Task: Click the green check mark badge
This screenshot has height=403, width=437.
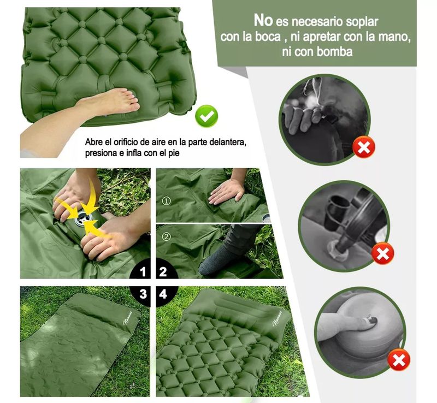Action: [x=206, y=116]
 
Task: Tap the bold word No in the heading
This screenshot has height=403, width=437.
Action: [x=263, y=20]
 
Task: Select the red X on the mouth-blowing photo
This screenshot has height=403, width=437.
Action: [x=364, y=147]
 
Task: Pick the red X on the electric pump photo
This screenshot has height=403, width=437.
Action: [x=383, y=253]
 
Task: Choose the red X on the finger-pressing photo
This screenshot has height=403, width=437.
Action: [x=399, y=360]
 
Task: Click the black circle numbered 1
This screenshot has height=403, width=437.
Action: [x=141, y=270]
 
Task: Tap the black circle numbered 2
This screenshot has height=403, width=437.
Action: [x=166, y=270]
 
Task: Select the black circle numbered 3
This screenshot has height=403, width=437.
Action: [x=141, y=295]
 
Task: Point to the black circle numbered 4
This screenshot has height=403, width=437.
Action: [x=166, y=295]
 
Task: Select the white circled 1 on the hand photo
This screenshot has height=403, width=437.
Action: [x=167, y=200]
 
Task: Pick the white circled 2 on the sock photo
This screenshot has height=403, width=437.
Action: [x=167, y=236]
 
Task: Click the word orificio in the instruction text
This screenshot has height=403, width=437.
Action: [x=125, y=142]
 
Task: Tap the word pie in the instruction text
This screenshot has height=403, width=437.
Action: [x=174, y=153]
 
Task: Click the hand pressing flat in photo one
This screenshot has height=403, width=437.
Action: [x=227, y=192]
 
